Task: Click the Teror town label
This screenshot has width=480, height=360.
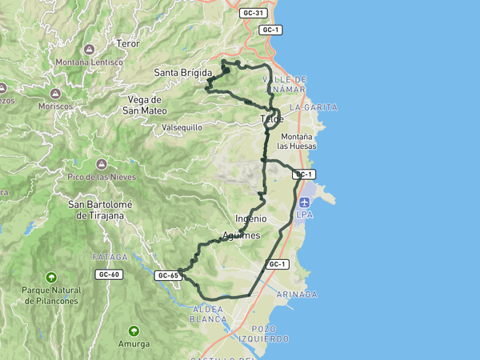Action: (x=128, y=43)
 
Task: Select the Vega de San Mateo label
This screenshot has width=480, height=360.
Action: (x=150, y=105)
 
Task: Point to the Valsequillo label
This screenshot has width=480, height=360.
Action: (x=182, y=127)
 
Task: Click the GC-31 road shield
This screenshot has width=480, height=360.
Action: (x=253, y=13)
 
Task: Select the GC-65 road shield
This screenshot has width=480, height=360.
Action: (x=168, y=275)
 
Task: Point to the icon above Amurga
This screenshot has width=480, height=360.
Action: (x=133, y=331)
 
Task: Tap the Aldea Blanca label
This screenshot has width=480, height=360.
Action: (x=207, y=314)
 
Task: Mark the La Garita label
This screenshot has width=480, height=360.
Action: (x=314, y=106)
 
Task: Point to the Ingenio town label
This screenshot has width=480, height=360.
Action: (x=250, y=218)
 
